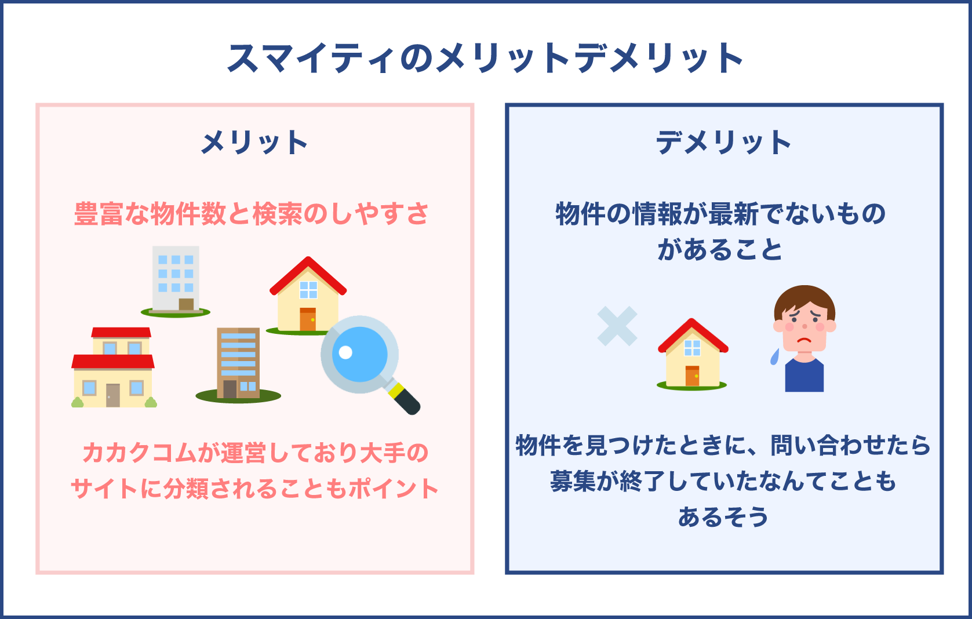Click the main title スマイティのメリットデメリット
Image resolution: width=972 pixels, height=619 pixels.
pos(486,59)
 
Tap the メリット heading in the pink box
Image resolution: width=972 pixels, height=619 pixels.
pos(254,143)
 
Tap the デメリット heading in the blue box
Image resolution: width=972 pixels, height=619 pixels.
pos(723,143)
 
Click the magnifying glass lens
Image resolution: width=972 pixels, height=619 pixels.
pos(359,354)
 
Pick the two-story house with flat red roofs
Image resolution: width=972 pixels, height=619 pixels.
pos(114,368)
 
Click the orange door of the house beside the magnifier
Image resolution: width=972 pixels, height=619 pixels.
pos(308,320)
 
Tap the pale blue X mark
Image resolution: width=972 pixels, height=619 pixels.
pos(617,326)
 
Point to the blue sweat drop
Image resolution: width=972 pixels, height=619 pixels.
pos(775,357)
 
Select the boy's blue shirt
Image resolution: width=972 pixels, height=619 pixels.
pos(804,377)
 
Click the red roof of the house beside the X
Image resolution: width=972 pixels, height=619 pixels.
pos(692,334)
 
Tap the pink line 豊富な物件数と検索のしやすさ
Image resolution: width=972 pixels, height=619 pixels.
pos(252,214)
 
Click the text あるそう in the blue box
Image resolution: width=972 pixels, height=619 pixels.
pos(723,516)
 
